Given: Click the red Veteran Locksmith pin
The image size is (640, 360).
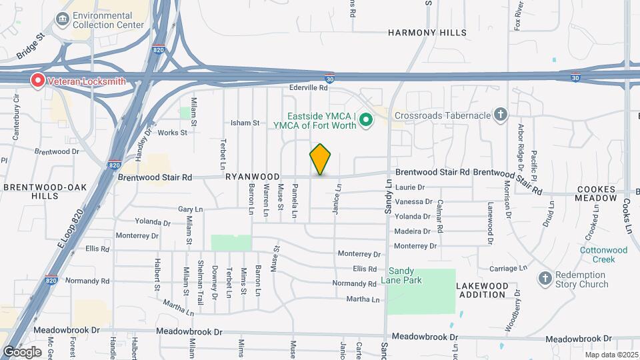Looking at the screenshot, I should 38,81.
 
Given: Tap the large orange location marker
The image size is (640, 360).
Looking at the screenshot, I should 321,159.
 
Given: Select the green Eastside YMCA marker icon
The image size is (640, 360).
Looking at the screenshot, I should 365,121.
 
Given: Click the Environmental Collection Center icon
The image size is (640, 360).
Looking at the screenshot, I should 63,19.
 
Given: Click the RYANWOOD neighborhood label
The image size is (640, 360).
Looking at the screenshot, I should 252,177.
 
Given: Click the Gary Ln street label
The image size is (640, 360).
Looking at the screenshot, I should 190,209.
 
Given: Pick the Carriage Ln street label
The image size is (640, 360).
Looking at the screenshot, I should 508,268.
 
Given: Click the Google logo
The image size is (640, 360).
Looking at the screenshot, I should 22,351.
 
